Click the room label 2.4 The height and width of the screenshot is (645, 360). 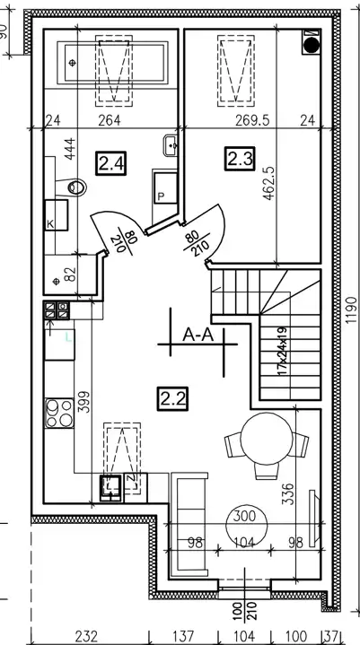110,163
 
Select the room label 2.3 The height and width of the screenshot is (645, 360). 240,159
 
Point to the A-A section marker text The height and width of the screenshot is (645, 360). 198,336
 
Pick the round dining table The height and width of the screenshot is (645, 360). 267,439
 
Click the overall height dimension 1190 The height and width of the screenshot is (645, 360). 351,309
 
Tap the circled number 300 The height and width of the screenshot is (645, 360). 244,516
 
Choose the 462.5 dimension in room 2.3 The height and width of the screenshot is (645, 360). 269,183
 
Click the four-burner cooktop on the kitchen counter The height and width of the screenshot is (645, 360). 59,413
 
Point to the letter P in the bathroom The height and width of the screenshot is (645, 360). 161,196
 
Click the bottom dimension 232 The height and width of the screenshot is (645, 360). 87,636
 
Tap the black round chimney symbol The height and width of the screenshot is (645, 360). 311,45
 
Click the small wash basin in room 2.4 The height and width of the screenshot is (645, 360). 171,145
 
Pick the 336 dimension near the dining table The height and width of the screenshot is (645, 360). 290,493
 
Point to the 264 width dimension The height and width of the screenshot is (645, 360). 110,120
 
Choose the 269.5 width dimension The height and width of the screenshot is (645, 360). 252,120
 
